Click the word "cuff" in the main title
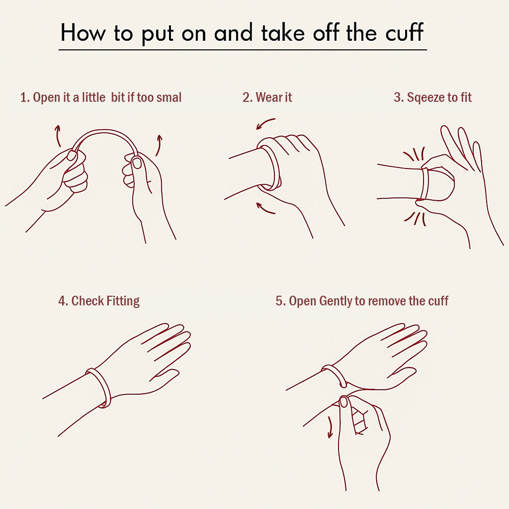404,32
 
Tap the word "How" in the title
83,33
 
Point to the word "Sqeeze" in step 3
426,98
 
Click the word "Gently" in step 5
335,301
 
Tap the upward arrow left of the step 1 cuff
58,136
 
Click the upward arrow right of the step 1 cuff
158,145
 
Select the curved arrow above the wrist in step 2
265,123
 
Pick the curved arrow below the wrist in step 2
265,208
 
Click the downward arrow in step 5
330,427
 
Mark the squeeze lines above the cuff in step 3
414,154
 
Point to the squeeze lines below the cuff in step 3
415,219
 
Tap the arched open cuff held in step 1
104,131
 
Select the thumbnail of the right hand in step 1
137,162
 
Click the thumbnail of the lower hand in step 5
344,402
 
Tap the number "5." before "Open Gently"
281,301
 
